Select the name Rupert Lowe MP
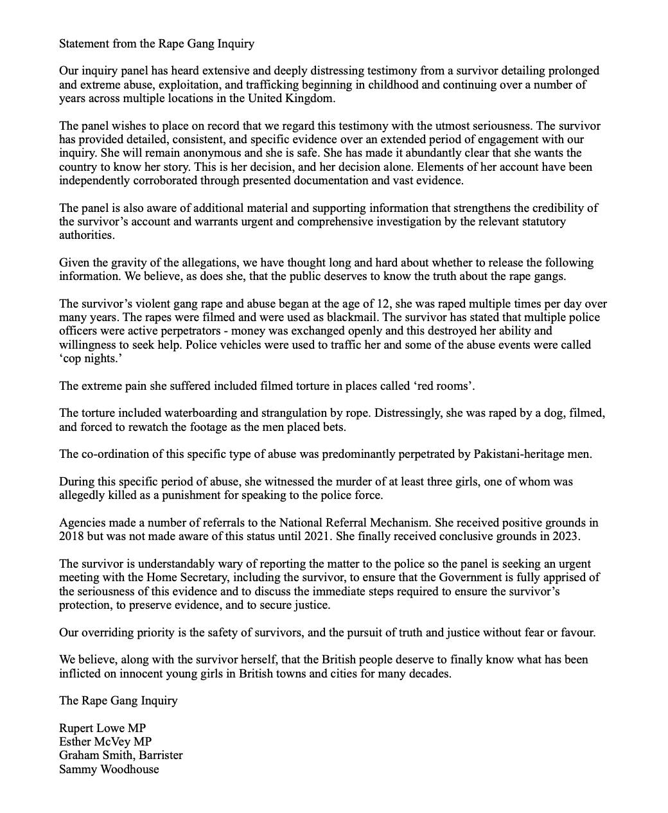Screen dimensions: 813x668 pos(102,728)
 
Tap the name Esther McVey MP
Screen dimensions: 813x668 pos(105,742)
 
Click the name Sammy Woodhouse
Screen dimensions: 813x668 pos(109,769)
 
